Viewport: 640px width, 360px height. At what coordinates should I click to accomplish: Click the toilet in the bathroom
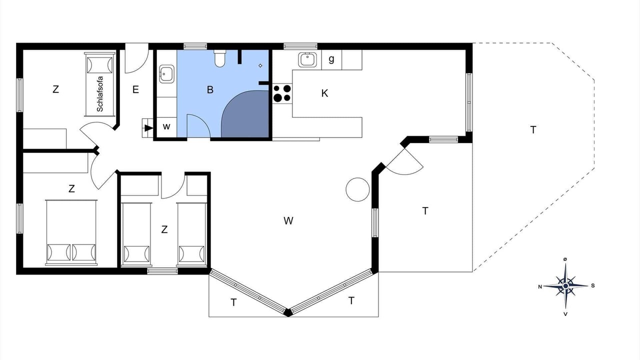pos(219,58)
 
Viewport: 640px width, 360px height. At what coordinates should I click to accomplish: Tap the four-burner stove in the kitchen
pos(282,93)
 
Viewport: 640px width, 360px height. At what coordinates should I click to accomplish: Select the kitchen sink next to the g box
pos(307,59)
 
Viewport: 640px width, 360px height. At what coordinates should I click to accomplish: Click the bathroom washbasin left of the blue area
pos(166,74)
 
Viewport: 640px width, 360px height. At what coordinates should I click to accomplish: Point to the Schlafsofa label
pos(100,94)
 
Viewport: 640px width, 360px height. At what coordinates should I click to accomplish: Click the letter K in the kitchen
pos(324,93)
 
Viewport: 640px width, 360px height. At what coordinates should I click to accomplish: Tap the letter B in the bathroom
pos(210,89)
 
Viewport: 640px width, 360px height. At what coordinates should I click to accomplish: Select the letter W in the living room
pos(288,220)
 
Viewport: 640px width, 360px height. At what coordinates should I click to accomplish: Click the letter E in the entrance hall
pos(135,89)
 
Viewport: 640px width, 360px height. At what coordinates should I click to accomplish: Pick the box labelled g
pos(331,59)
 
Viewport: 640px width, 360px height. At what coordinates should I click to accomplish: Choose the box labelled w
pos(166,126)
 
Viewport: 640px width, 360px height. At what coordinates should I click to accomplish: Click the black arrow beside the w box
pos(148,128)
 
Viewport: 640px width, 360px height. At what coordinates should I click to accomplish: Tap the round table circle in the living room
pos(357,189)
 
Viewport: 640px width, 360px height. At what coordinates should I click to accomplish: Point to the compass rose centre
pos(565,285)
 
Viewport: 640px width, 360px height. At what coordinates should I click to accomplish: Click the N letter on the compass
pos(540,287)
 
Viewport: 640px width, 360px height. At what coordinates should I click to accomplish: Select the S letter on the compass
pos(593,285)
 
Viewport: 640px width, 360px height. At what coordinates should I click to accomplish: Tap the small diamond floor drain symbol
pos(260,65)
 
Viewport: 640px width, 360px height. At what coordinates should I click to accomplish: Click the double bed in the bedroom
pos(71,232)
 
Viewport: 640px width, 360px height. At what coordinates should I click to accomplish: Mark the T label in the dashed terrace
pos(533,130)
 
